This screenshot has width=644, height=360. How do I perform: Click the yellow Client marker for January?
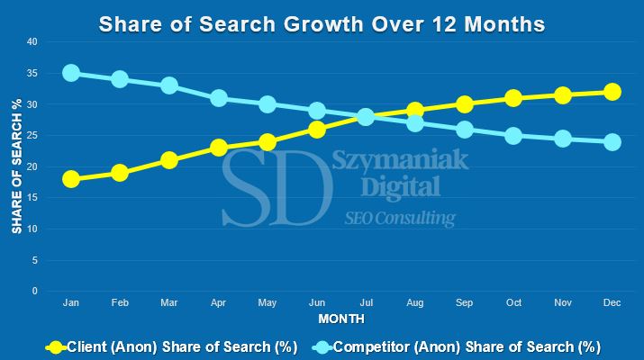71,179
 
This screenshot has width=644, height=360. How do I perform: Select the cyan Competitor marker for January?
71,73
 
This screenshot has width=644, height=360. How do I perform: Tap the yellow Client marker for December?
612,92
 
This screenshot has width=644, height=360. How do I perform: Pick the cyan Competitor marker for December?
612,141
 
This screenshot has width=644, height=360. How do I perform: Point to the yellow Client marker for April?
219,148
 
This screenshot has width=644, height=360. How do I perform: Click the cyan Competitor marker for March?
169,85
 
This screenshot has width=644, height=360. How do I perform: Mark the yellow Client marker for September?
464,104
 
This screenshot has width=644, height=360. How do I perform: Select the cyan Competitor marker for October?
513,136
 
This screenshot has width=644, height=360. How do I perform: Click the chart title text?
322,23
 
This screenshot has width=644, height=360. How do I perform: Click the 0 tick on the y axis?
34,292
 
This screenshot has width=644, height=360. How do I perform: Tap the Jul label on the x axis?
366,304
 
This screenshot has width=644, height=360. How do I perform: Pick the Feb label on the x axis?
120,304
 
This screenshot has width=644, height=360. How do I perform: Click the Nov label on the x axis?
562,304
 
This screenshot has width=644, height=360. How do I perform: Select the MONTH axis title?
341,319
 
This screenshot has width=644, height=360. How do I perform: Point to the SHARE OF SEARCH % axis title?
16,166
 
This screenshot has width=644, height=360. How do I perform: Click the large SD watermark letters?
271,186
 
